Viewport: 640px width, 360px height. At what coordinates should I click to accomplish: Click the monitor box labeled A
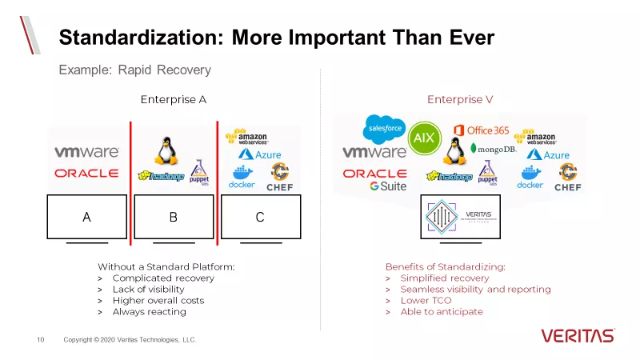[86, 216]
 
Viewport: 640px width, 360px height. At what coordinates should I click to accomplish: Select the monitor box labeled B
[174, 216]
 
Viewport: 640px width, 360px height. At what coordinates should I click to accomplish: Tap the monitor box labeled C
[260, 216]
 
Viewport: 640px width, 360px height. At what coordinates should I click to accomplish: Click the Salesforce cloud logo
[385, 127]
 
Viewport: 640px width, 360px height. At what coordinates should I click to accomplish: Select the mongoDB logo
[494, 149]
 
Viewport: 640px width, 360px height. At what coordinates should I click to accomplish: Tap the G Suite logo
[388, 186]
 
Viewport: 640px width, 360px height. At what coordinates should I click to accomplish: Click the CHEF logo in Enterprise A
[280, 178]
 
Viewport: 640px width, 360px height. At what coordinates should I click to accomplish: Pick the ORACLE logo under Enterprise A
[86, 173]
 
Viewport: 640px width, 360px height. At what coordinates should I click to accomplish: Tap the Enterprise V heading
[459, 99]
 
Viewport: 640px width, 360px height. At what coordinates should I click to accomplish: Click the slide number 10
[40, 340]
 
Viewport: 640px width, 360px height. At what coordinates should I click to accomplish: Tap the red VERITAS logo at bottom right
[577, 335]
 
